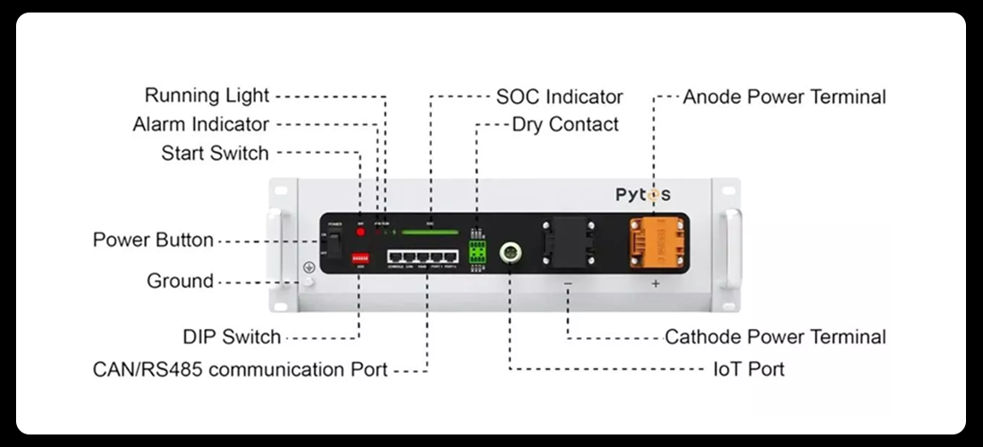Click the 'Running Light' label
(207, 96)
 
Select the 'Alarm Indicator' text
(200, 124)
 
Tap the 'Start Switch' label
(215, 153)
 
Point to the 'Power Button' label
(153, 240)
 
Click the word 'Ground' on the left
(180, 281)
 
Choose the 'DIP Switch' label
(232, 337)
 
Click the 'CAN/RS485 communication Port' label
(241, 368)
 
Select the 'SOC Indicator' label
(559, 96)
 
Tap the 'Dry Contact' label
(565, 124)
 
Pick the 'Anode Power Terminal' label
(784, 96)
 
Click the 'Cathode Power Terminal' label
(775, 337)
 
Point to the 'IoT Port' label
(749, 368)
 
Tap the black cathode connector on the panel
(567, 242)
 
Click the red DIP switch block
(361, 255)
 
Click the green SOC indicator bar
(429, 232)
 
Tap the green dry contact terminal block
(477, 252)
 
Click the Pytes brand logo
(642, 194)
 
